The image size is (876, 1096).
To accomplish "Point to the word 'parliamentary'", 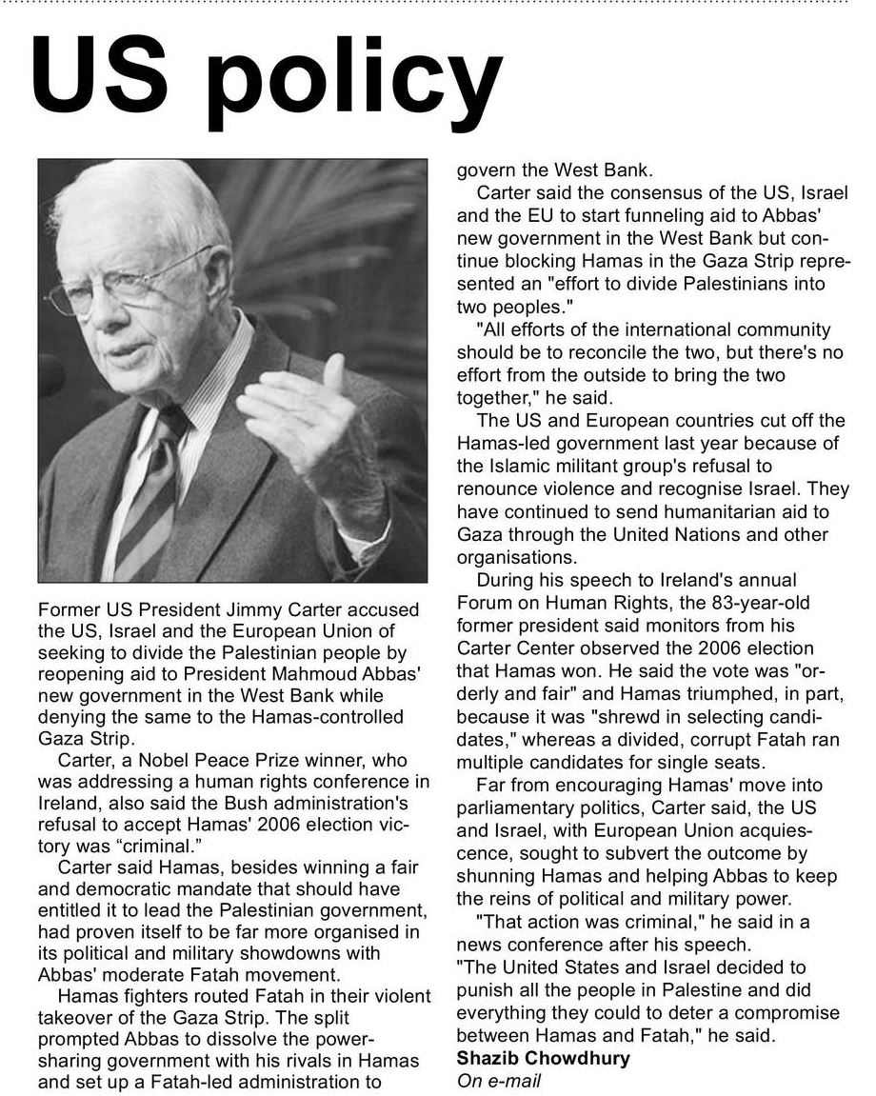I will point(515,807).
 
